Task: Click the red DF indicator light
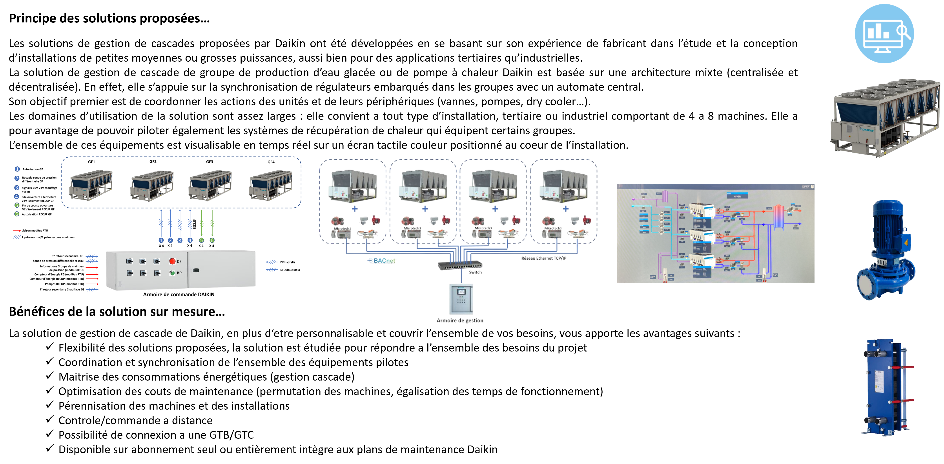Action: pyautogui.click(x=172, y=261)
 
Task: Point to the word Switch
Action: pyautogui.click(x=475, y=272)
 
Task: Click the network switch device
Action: pyautogui.click(x=460, y=265)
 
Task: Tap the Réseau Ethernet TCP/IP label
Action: pyautogui.click(x=544, y=258)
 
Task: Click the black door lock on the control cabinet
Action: pyautogui.click(x=196, y=270)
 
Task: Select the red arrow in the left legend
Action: pyautogui.click(x=17, y=231)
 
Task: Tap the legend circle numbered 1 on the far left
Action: pyautogui.click(x=17, y=169)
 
